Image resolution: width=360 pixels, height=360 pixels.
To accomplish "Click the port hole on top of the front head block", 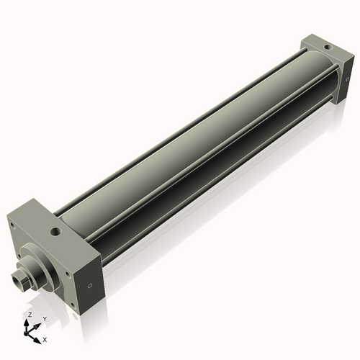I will coord(55,233).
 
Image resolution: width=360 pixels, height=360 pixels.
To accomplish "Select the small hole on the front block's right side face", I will coord(89,286).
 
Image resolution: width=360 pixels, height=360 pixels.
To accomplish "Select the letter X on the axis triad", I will coord(45,338).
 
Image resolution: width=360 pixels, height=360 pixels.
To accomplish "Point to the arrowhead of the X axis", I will coord(39,336).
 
